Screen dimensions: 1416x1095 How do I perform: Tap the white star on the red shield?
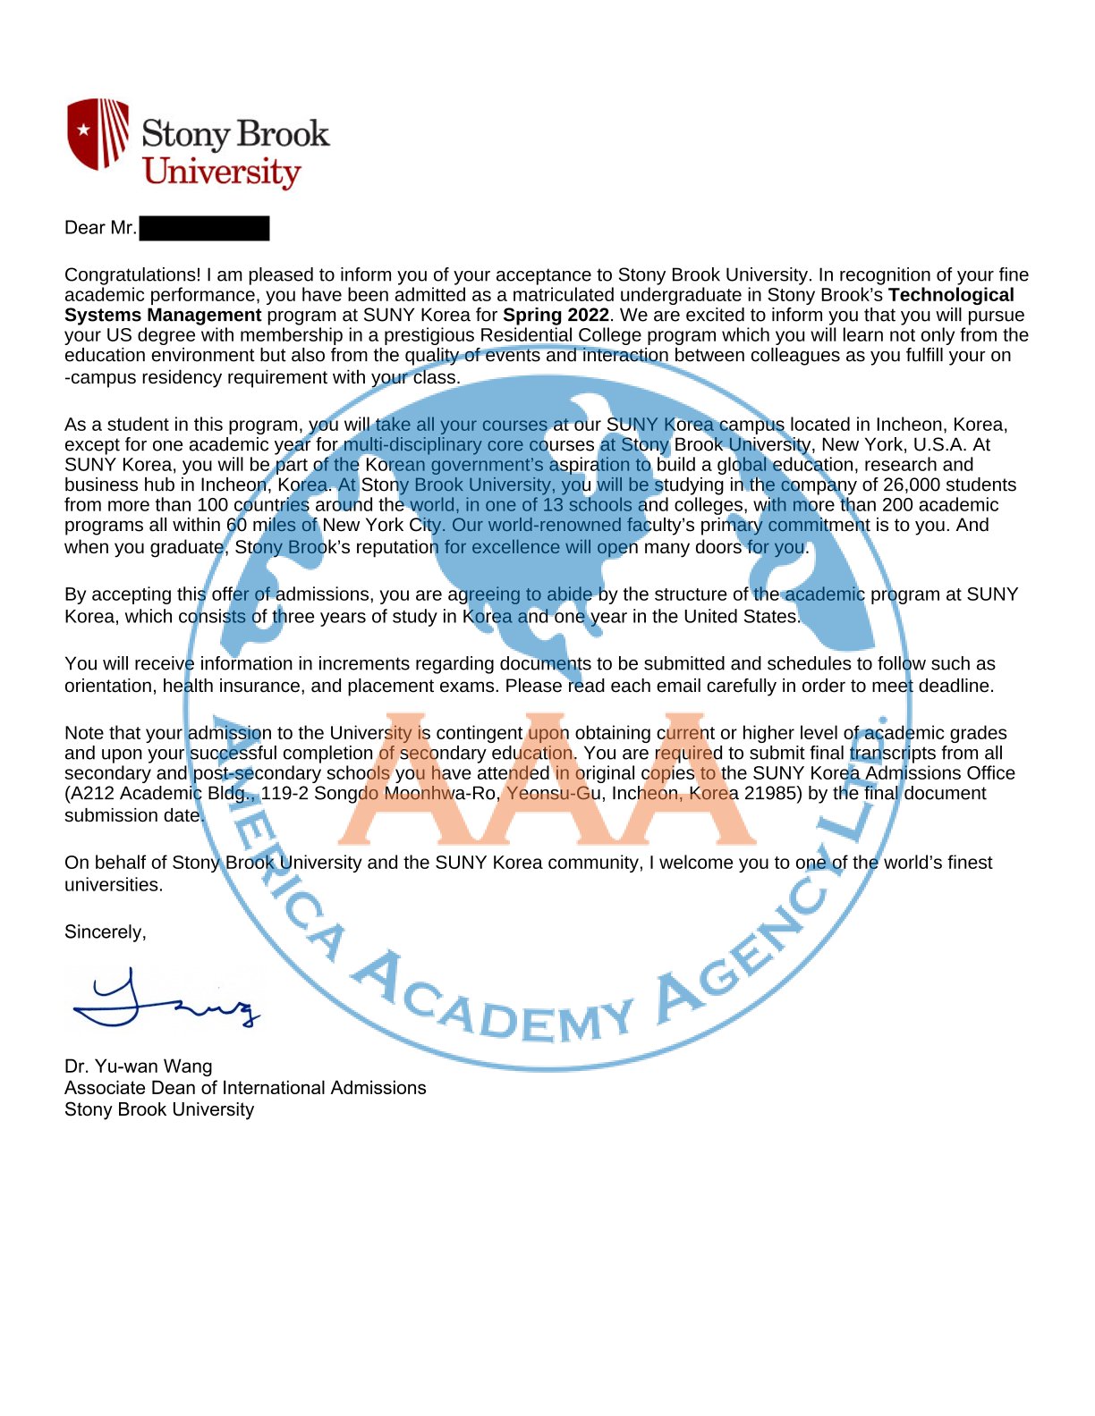pyautogui.click(x=83, y=131)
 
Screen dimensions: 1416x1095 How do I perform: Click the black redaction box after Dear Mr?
pyautogui.click(x=204, y=228)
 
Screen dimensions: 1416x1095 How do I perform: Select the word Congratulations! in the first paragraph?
pyautogui.click(x=132, y=274)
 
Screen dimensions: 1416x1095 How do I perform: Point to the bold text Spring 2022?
pyautogui.click(x=556, y=315)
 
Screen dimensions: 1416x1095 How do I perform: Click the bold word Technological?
pyautogui.click(x=951, y=295)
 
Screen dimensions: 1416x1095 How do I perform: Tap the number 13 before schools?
pyautogui.click(x=553, y=504)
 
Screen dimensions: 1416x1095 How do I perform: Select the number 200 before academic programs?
pyautogui.click(x=898, y=504)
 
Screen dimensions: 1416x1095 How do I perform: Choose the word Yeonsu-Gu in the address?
pyautogui.click(x=554, y=793)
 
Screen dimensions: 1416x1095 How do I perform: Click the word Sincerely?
pyautogui.click(x=105, y=931)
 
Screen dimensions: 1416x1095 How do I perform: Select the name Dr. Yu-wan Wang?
pyautogui.click(x=139, y=1066)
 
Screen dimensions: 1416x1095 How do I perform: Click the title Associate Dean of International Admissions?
pyautogui.click(x=245, y=1087)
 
